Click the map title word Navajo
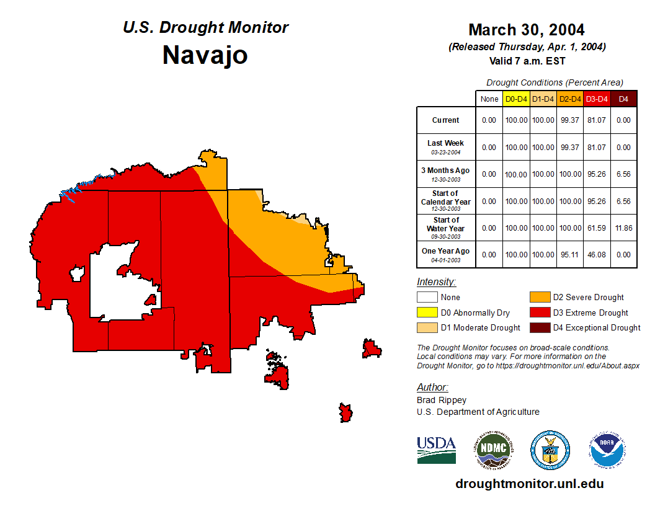[x=205, y=55]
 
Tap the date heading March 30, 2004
[x=526, y=30]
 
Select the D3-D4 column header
[x=597, y=99]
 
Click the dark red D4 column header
[x=623, y=99]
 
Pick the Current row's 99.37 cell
[x=570, y=120]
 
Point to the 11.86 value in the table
[x=623, y=228]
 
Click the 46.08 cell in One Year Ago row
[x=597, y=255]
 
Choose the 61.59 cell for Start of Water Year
[x=597, y=228]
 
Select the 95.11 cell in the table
[x=570, y=255]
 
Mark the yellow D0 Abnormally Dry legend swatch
[x=427, y=313]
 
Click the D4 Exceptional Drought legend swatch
[x=540, y=327]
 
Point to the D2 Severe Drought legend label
[x=588, y=298]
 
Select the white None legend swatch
[x=427, y=298]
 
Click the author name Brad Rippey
[x=442, y=400]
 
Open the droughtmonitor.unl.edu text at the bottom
[x=529, y=484]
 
